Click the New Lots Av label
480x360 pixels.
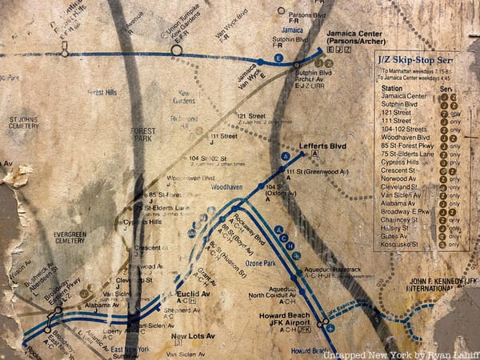190,336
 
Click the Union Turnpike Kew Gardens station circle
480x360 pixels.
176,50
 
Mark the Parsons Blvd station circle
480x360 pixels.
279,11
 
